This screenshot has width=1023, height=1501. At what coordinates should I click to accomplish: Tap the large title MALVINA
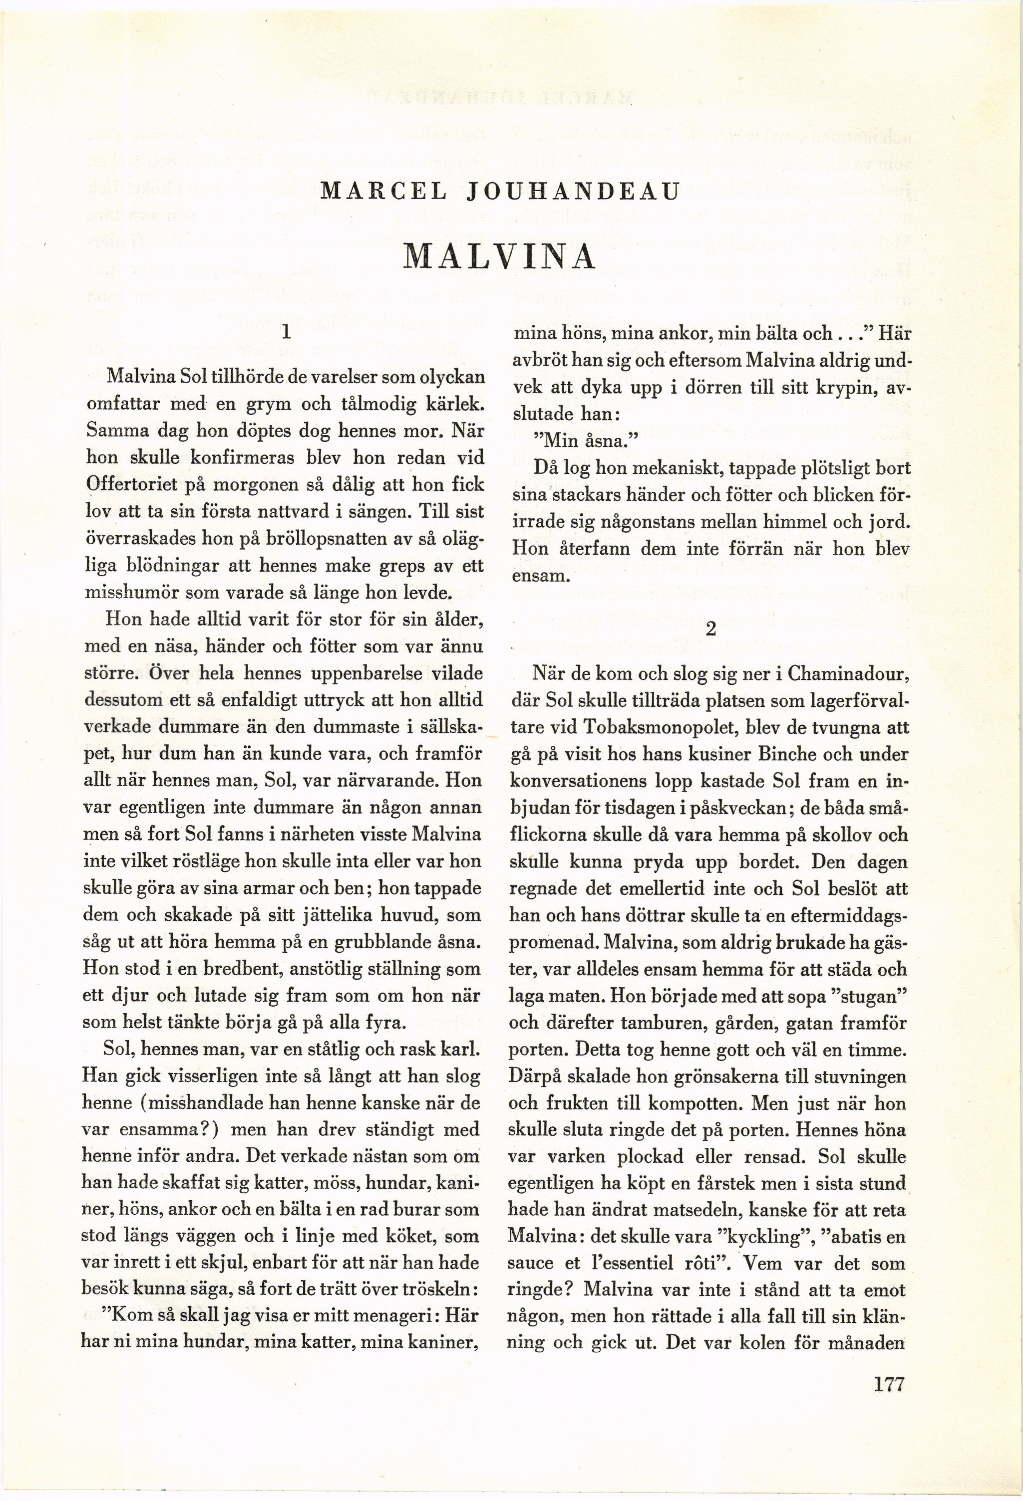[x=498, y=257]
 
